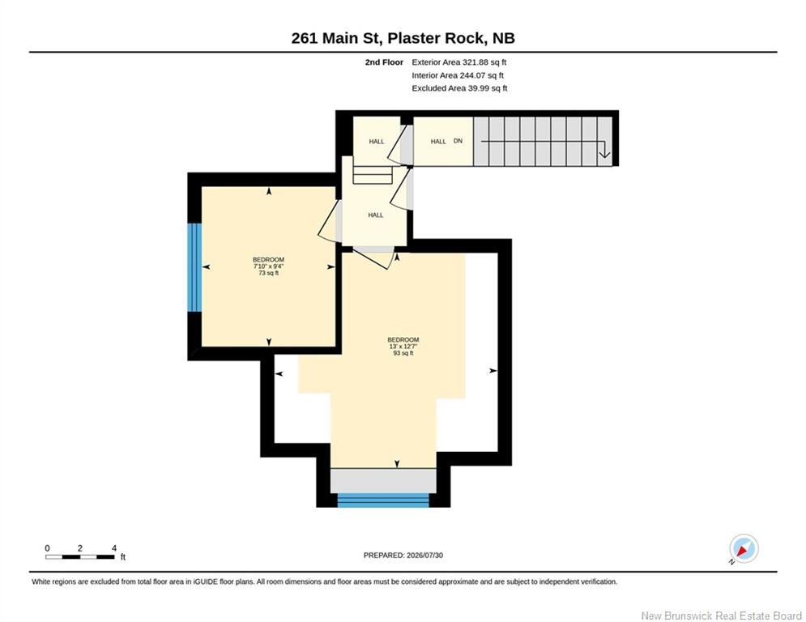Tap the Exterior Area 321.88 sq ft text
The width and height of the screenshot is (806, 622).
[459, 62]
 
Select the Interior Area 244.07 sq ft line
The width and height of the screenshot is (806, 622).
[458, 75]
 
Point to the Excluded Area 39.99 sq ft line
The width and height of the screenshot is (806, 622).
[459, 88]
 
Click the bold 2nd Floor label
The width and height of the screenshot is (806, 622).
[384, 62]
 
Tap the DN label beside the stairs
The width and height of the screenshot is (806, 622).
[458, 141]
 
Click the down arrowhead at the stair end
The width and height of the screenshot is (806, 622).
[604, 153]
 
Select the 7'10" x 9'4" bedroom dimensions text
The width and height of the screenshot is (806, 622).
[268, 266]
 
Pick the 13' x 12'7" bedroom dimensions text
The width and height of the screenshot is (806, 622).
[403, 347]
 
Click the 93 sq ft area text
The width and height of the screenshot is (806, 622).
[403, 353]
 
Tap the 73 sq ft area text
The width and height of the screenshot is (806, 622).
[268, 273]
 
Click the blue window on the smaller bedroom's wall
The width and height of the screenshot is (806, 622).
[194, 267]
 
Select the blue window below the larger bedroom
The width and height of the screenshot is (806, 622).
[383, 501]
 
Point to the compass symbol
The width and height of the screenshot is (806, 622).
[744, 548]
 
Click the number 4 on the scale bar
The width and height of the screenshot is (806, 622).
[114, 548]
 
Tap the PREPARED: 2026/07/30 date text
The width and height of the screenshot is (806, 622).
[403, 555]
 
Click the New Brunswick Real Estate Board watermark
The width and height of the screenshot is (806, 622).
[721, 616]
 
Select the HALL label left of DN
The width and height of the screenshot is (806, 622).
[438, 142]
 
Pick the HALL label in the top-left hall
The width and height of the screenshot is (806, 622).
[377, 142]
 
